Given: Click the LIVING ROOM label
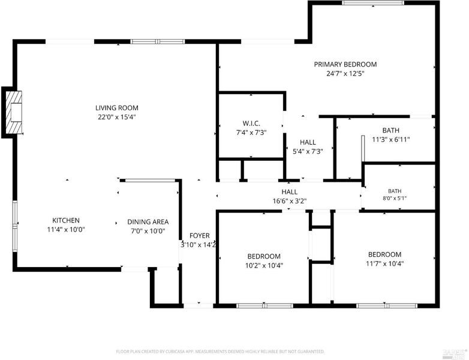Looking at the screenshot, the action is click(x=117, y=108).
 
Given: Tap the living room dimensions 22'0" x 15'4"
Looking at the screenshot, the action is click(x=117, y=117).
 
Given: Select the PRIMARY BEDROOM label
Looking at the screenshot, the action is click(x=345, y=64).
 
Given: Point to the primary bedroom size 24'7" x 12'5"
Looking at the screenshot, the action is click(x=345, y=74).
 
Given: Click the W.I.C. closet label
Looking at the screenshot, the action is click(x=251, y=123).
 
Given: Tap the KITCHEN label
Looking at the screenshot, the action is click(x=66, y=221).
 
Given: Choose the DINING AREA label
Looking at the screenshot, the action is click(x=148, y=222).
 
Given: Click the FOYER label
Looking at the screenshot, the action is click(x=200, y=236).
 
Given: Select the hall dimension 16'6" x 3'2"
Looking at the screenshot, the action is click(x=290, y=201).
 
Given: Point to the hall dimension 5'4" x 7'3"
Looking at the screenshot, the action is click(x=308, y=151).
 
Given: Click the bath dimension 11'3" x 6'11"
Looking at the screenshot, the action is click(x=391, y=139).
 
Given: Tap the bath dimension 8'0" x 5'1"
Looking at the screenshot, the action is click(x=395, y=198).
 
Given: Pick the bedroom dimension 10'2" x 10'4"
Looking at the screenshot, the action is click(x=264, y=265).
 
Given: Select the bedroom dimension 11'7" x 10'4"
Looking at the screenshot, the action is click(x=384, y=263).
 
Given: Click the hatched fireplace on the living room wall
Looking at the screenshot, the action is click(x=14, y=112).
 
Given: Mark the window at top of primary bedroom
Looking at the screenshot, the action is click(x=373, y=2).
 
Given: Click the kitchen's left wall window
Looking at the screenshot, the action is click(x=14, y=226).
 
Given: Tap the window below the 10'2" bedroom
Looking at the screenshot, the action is click(x=264, y=306).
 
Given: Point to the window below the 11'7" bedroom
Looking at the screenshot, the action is click(x=387, y=306).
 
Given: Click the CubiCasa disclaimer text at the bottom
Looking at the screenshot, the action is click(x=220, y=352).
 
